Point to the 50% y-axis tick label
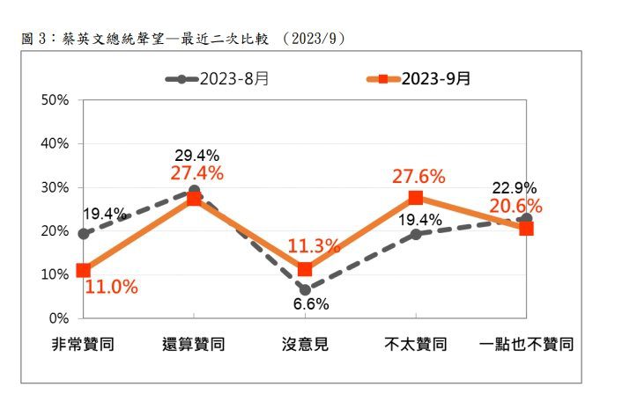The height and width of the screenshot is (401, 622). [x=55, y=100]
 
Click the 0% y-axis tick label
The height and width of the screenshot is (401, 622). [x=59, y=317]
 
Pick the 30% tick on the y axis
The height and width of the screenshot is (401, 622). [x=55, y=187]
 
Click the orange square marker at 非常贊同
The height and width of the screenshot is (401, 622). [x=84, y=270]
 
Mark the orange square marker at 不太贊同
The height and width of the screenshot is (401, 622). [x=416, y=198]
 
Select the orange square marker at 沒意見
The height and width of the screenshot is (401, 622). [x=305, y=268]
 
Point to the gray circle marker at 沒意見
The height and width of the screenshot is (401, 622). [x=305, y=289]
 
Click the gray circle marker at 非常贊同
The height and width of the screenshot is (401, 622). [x=84, y=234]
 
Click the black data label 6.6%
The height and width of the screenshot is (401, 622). [x=310, y=304]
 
